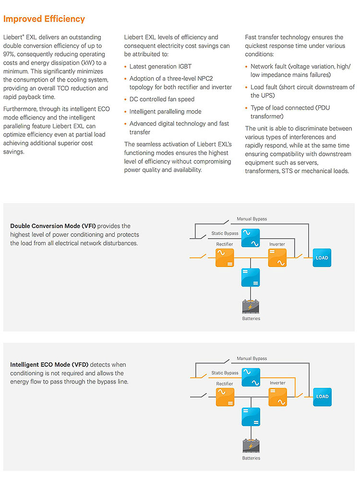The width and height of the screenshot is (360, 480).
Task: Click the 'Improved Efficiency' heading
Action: [44, 19]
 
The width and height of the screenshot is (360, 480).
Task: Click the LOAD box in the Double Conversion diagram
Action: [322, 258]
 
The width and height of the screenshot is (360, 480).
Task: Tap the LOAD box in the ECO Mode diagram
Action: [323, 397]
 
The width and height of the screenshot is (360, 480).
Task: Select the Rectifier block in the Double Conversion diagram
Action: [225, 258]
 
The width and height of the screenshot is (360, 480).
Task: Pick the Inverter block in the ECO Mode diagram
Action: [277, 397]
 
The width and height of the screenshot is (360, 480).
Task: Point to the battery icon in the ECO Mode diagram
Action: [251, 446]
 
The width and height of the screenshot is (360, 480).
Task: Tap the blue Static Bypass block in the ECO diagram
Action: [251, 377]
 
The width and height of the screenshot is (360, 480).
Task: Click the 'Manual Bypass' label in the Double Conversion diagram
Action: [252, 219]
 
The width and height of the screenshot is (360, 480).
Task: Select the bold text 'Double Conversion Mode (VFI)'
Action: [53, 226]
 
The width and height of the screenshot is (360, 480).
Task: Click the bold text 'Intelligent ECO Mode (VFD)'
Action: [49, 365]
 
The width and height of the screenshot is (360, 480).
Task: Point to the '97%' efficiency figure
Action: [9, 54]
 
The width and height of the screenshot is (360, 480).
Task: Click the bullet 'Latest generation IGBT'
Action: [160, 66]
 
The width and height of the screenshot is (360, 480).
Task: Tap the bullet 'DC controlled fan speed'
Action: [162, 99]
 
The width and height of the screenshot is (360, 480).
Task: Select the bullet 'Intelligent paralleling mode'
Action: [165, 111]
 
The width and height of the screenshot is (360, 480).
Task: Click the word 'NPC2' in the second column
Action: [205, 79]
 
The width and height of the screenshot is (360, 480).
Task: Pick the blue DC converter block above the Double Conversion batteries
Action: [251, 277]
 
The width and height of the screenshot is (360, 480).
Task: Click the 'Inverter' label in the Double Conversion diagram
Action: [277, 244]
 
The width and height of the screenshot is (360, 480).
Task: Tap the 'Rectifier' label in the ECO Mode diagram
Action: [224, 384]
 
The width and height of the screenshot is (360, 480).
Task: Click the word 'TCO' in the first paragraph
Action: [63, 88]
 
